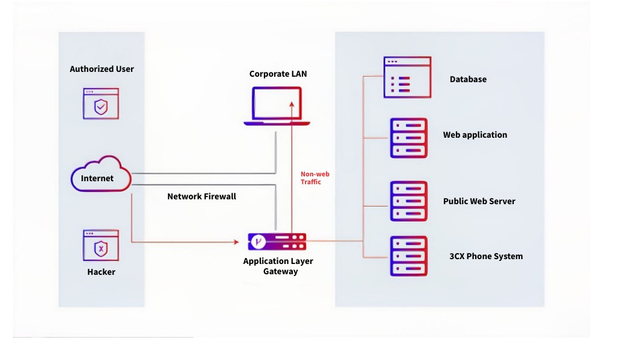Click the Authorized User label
(101, 69)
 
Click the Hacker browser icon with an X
(101, 246)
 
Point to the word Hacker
(101, 272)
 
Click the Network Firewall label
(202, 196)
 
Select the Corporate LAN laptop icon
(277, 106)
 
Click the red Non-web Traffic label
(315, 178)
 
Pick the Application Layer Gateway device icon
(277, 242)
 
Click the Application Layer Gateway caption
(278, 266)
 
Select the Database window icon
(408, 77)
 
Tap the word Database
(468, 79)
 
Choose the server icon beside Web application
(409, 138)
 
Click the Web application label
(475, 135)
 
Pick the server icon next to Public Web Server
(409, 201)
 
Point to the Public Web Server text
(479, 201)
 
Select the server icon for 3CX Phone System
(409, 256)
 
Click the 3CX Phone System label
(486, 256)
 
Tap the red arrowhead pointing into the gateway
(236, 242)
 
